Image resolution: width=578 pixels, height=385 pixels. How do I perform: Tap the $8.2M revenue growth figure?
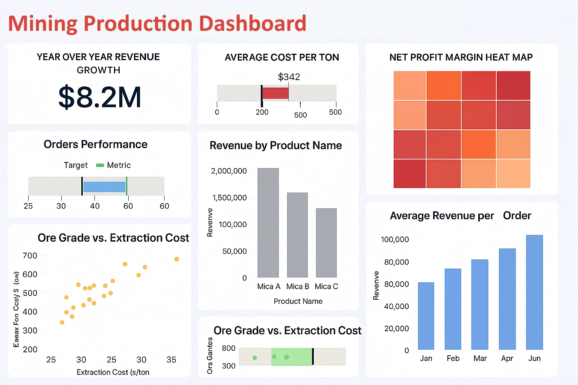point(100,97)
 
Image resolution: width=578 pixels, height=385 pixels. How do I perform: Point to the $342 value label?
point(289,77)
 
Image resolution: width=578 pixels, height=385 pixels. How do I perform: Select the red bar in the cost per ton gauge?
point(275,93)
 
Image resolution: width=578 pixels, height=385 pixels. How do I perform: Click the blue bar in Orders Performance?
point(104,187)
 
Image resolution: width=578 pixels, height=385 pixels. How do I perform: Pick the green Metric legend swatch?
point(100,165)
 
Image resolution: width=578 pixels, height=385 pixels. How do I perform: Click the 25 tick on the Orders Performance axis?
point(28,206)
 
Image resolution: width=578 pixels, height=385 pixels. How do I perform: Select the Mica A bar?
point(268,223)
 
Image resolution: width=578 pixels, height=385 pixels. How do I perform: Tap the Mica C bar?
point(326,243)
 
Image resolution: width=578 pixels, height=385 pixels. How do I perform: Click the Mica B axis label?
point(297,286)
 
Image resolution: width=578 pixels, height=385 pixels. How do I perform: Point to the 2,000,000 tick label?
point(229,171)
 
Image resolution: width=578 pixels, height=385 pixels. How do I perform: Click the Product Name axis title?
point(298,301)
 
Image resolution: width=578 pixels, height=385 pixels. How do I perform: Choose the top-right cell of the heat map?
point(513,85)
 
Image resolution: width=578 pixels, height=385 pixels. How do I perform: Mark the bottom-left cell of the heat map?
point(409,174)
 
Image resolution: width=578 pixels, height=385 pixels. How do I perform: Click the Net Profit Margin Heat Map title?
point(461,58)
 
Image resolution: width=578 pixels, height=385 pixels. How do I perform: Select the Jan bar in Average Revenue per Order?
point(426,316)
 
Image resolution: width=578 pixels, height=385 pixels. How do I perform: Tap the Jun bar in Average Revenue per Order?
point(534,292)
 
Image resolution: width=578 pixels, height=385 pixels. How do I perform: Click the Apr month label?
point(507,358)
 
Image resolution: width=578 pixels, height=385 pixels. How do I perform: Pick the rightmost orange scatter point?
point(176,259)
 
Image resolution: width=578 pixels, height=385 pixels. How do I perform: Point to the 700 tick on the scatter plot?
point(30,256)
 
